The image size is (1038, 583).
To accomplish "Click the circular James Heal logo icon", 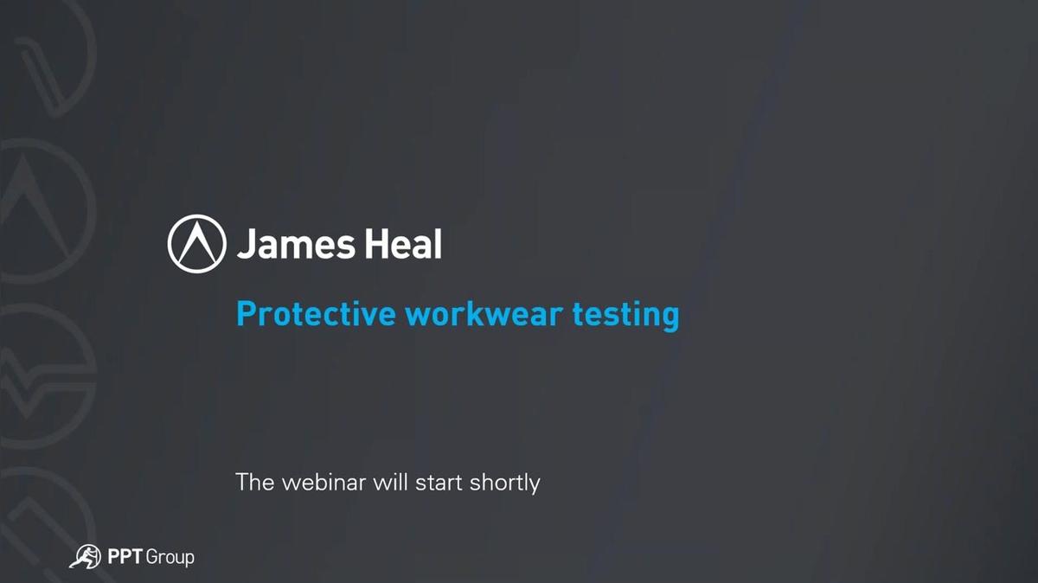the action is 197,244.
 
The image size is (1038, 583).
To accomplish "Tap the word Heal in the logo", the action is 404,243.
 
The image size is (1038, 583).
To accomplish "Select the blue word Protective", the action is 316,314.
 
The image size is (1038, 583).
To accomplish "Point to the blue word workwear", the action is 484,314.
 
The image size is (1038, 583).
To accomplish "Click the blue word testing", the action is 626,316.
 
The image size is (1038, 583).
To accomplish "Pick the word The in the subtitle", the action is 255,482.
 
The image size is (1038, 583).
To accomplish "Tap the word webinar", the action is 324,482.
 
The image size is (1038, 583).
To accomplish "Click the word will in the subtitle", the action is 391,482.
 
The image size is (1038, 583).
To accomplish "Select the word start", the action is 439,483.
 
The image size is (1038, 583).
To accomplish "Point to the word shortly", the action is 504,484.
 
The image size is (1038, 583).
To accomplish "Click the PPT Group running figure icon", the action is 86,556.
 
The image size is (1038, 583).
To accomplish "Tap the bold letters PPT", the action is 125,556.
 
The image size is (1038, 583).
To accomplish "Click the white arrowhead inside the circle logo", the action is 197,241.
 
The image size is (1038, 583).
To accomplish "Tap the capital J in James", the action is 246,244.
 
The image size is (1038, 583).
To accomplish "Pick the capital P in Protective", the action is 246,314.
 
